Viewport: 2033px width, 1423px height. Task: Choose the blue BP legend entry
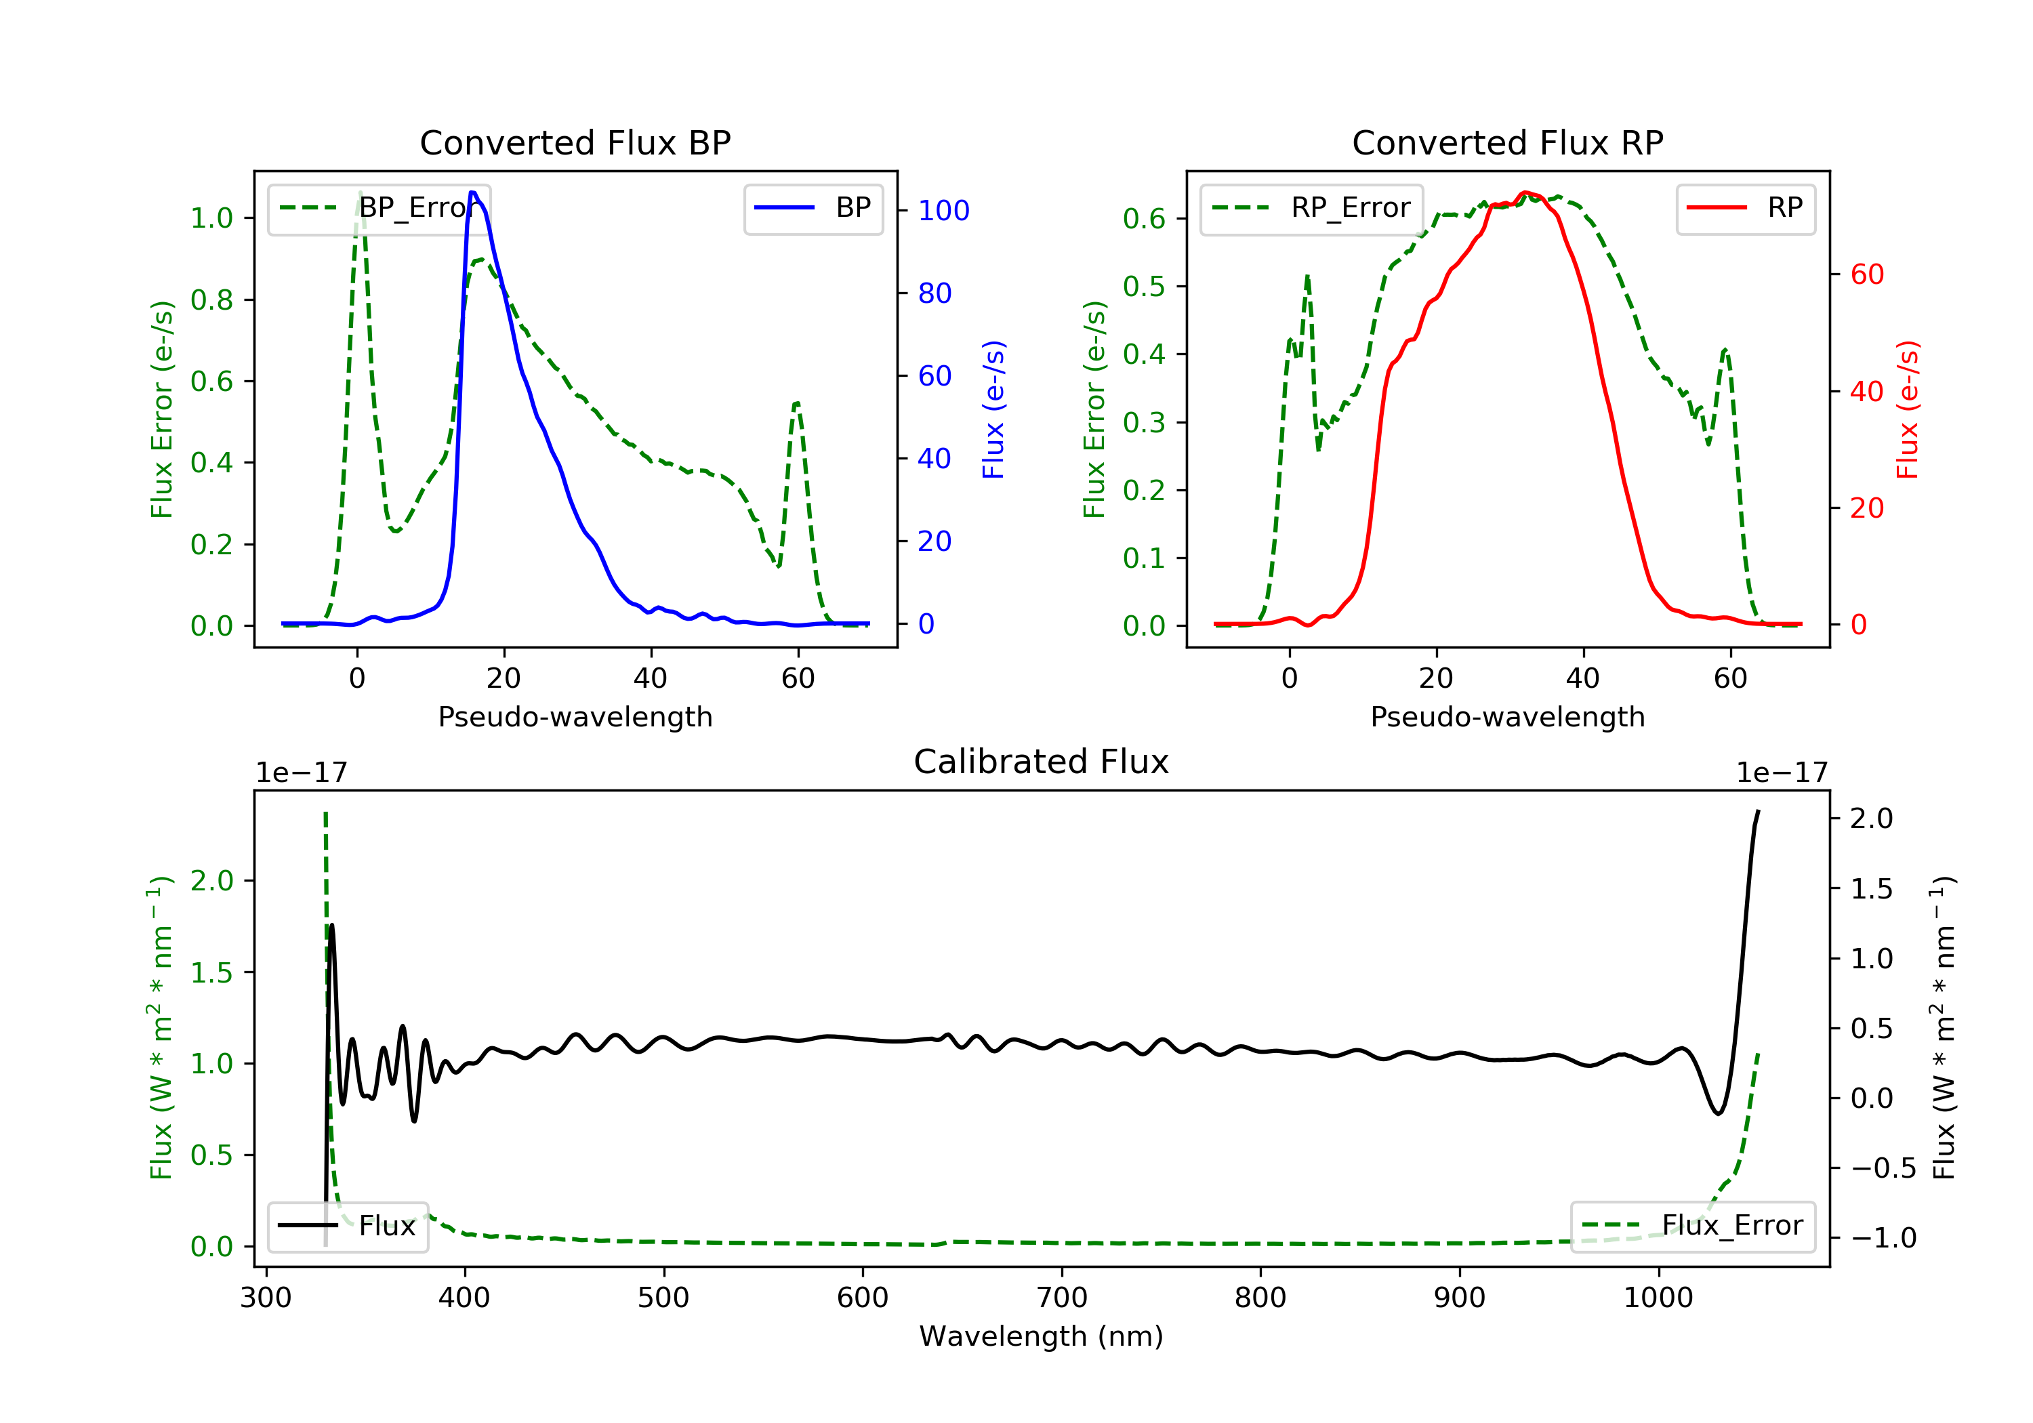coord(813,209)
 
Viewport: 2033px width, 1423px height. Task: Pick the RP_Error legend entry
coord(1311,209)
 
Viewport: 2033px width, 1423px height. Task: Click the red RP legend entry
coord(1745,209)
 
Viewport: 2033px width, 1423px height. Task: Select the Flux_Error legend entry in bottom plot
coord(1692,1226)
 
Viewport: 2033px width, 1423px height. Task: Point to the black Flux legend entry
coord(347,1226)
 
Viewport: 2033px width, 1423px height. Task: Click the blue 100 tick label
coord(943,211)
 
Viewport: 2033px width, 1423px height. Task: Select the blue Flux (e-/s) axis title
coord(993,409)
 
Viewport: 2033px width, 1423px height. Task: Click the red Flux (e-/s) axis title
coord(1907,409)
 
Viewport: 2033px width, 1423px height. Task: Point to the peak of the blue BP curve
coord(473,192)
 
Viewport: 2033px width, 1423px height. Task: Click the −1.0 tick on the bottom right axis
coord(1883,1238)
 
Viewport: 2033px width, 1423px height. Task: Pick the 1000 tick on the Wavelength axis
coord(1658,1298)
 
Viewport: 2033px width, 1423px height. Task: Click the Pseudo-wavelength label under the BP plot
coord(575,717)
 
